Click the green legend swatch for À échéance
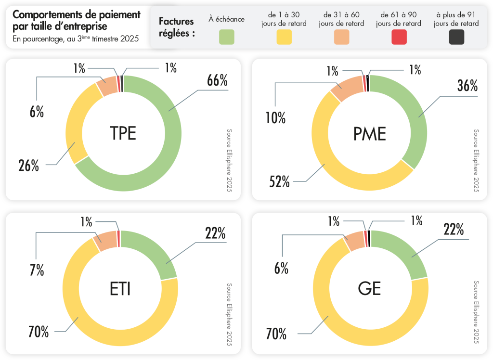226,37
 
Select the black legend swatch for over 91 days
456,37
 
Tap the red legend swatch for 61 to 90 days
399,37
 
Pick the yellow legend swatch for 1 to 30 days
284,37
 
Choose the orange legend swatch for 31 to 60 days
341,37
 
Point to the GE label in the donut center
369,288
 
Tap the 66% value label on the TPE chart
217,81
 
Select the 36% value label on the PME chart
467,86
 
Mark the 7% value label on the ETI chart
37,270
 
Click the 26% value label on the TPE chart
29,166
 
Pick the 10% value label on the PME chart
275,117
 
